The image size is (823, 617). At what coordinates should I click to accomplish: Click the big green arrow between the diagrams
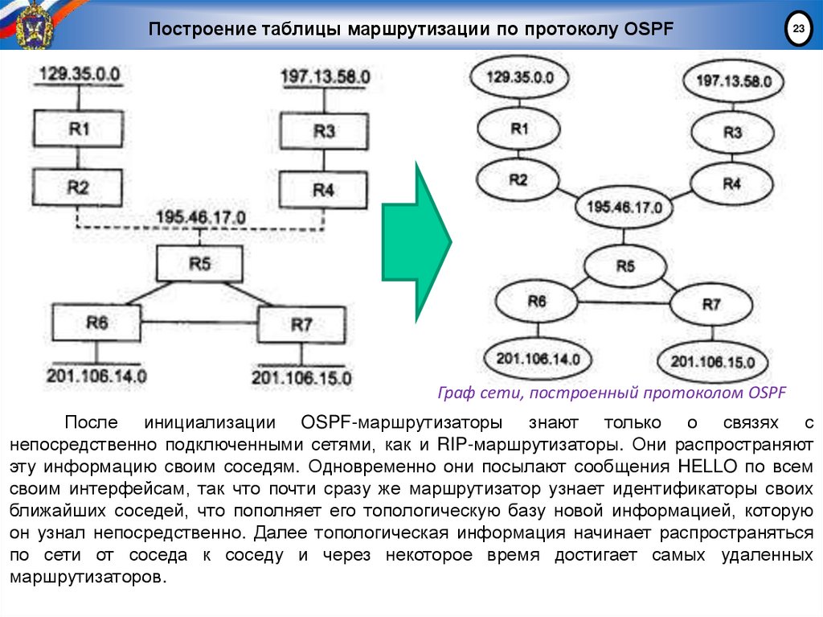pyautogui.click(x=417, y=241)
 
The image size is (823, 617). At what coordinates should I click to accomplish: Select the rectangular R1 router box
pyautogui.click(x=78, y=129)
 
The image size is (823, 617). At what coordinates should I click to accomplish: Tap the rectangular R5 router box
pyautogui.click(x=199, y=263)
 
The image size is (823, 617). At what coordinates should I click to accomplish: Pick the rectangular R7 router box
pyautogui.click(x=301, y=324)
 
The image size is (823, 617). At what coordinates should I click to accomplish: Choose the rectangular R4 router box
pyautogui.click(x=323, y=190)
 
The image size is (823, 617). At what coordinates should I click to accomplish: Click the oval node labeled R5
pyautogui.click(x=625, y=266)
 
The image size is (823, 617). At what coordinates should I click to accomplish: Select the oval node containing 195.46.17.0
pyautogui.click(x=624, y=207)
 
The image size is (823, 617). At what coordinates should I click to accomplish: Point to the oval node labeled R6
pyautogui.click(x=536, y=301)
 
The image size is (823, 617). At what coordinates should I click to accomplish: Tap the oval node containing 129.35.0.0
pyautogui.click(x=520, y=78)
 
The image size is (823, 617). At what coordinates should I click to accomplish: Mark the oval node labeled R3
pyautogui.click(x=731, y=133)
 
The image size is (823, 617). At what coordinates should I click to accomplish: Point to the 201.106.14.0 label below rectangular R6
pyautogui.click(x=96, y=375)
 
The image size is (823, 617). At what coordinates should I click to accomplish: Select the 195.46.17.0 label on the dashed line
pyautogui.click(x=201, y=217)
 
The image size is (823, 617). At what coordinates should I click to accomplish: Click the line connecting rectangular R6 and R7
pyautogui.click(x=199, y=323)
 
